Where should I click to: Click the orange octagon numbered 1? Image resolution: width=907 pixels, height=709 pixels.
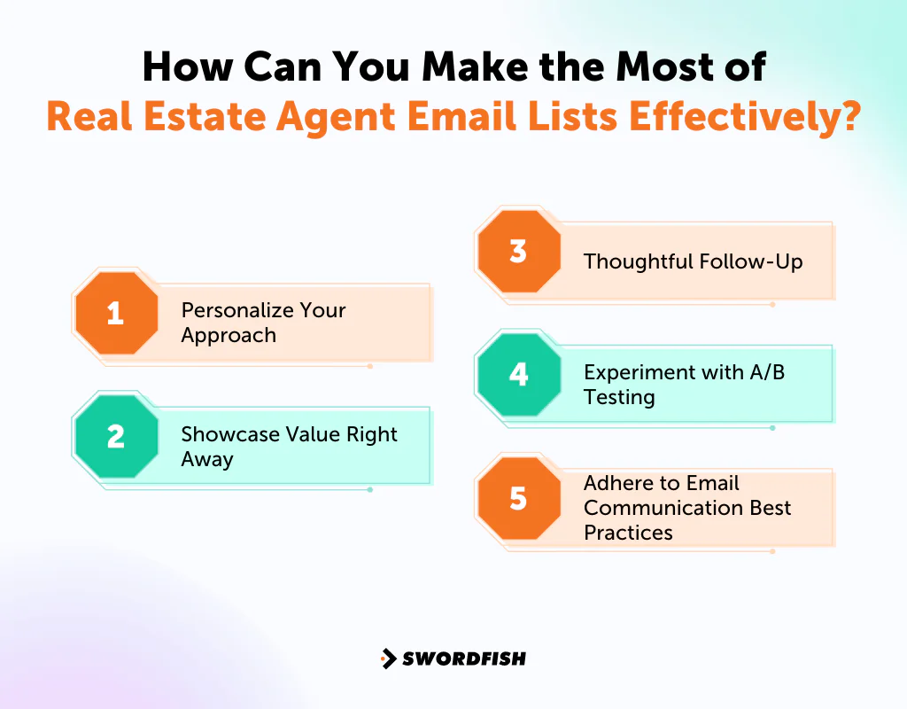point(115,314)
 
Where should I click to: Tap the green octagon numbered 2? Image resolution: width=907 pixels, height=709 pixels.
point(115,437)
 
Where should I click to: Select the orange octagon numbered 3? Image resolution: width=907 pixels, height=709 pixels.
point(518,252)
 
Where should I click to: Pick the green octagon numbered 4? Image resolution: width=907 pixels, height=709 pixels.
point(518,374)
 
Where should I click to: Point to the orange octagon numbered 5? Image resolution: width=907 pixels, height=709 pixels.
point(518,498)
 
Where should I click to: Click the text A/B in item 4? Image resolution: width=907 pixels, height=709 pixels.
point(766,372)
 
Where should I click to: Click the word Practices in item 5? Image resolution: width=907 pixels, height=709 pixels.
point(628,533)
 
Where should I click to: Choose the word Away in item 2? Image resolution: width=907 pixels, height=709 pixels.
point(207,459)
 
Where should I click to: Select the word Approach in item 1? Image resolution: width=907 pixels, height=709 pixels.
point(229,336)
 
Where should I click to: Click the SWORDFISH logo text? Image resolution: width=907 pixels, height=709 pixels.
point(463,658)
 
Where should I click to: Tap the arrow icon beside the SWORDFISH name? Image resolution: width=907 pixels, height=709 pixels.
point(388,658)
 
